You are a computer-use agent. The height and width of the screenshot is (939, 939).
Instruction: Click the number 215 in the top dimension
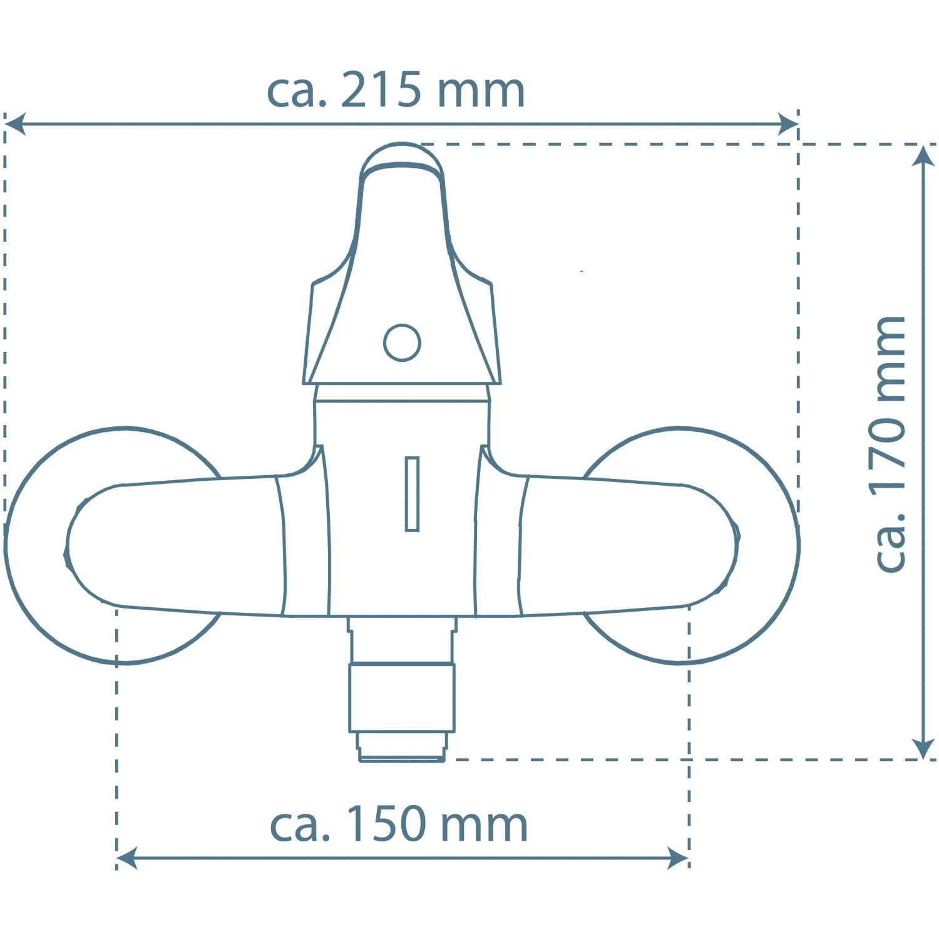pos(381,90)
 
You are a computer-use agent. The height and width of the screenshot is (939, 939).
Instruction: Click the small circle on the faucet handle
pos(402,342)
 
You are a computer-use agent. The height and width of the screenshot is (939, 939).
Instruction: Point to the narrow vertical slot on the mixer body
pos(412,494)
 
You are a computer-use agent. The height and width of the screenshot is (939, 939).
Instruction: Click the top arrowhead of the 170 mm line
pos(923,155)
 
